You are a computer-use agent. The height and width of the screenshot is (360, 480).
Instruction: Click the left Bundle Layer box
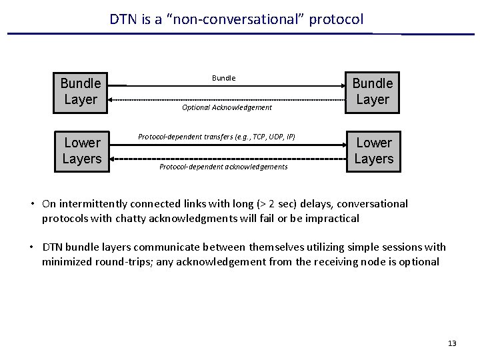(81, 91)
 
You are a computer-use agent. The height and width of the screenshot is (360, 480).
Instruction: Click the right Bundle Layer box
(373, 91)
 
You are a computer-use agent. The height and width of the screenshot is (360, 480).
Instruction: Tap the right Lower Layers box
(373, 151)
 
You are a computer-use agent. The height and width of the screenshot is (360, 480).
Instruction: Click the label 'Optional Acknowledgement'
(227, 107)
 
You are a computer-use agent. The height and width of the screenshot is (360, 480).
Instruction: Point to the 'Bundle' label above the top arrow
(223, 78)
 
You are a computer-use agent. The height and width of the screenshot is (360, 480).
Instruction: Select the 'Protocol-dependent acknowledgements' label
(223, 167)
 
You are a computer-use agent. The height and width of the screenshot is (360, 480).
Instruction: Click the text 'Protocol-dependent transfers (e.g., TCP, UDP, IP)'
(216, 137)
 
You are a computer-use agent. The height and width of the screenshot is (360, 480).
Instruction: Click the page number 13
(452, 343)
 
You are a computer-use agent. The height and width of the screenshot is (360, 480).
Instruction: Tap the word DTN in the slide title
(123, 20)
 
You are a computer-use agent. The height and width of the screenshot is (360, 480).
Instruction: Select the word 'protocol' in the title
(337, 20)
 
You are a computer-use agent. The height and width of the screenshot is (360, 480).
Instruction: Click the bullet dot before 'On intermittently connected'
(32, 204)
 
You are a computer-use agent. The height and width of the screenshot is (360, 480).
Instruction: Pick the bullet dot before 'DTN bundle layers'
(32, 247)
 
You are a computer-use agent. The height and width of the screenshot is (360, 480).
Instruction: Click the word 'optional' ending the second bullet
(418, 261)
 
